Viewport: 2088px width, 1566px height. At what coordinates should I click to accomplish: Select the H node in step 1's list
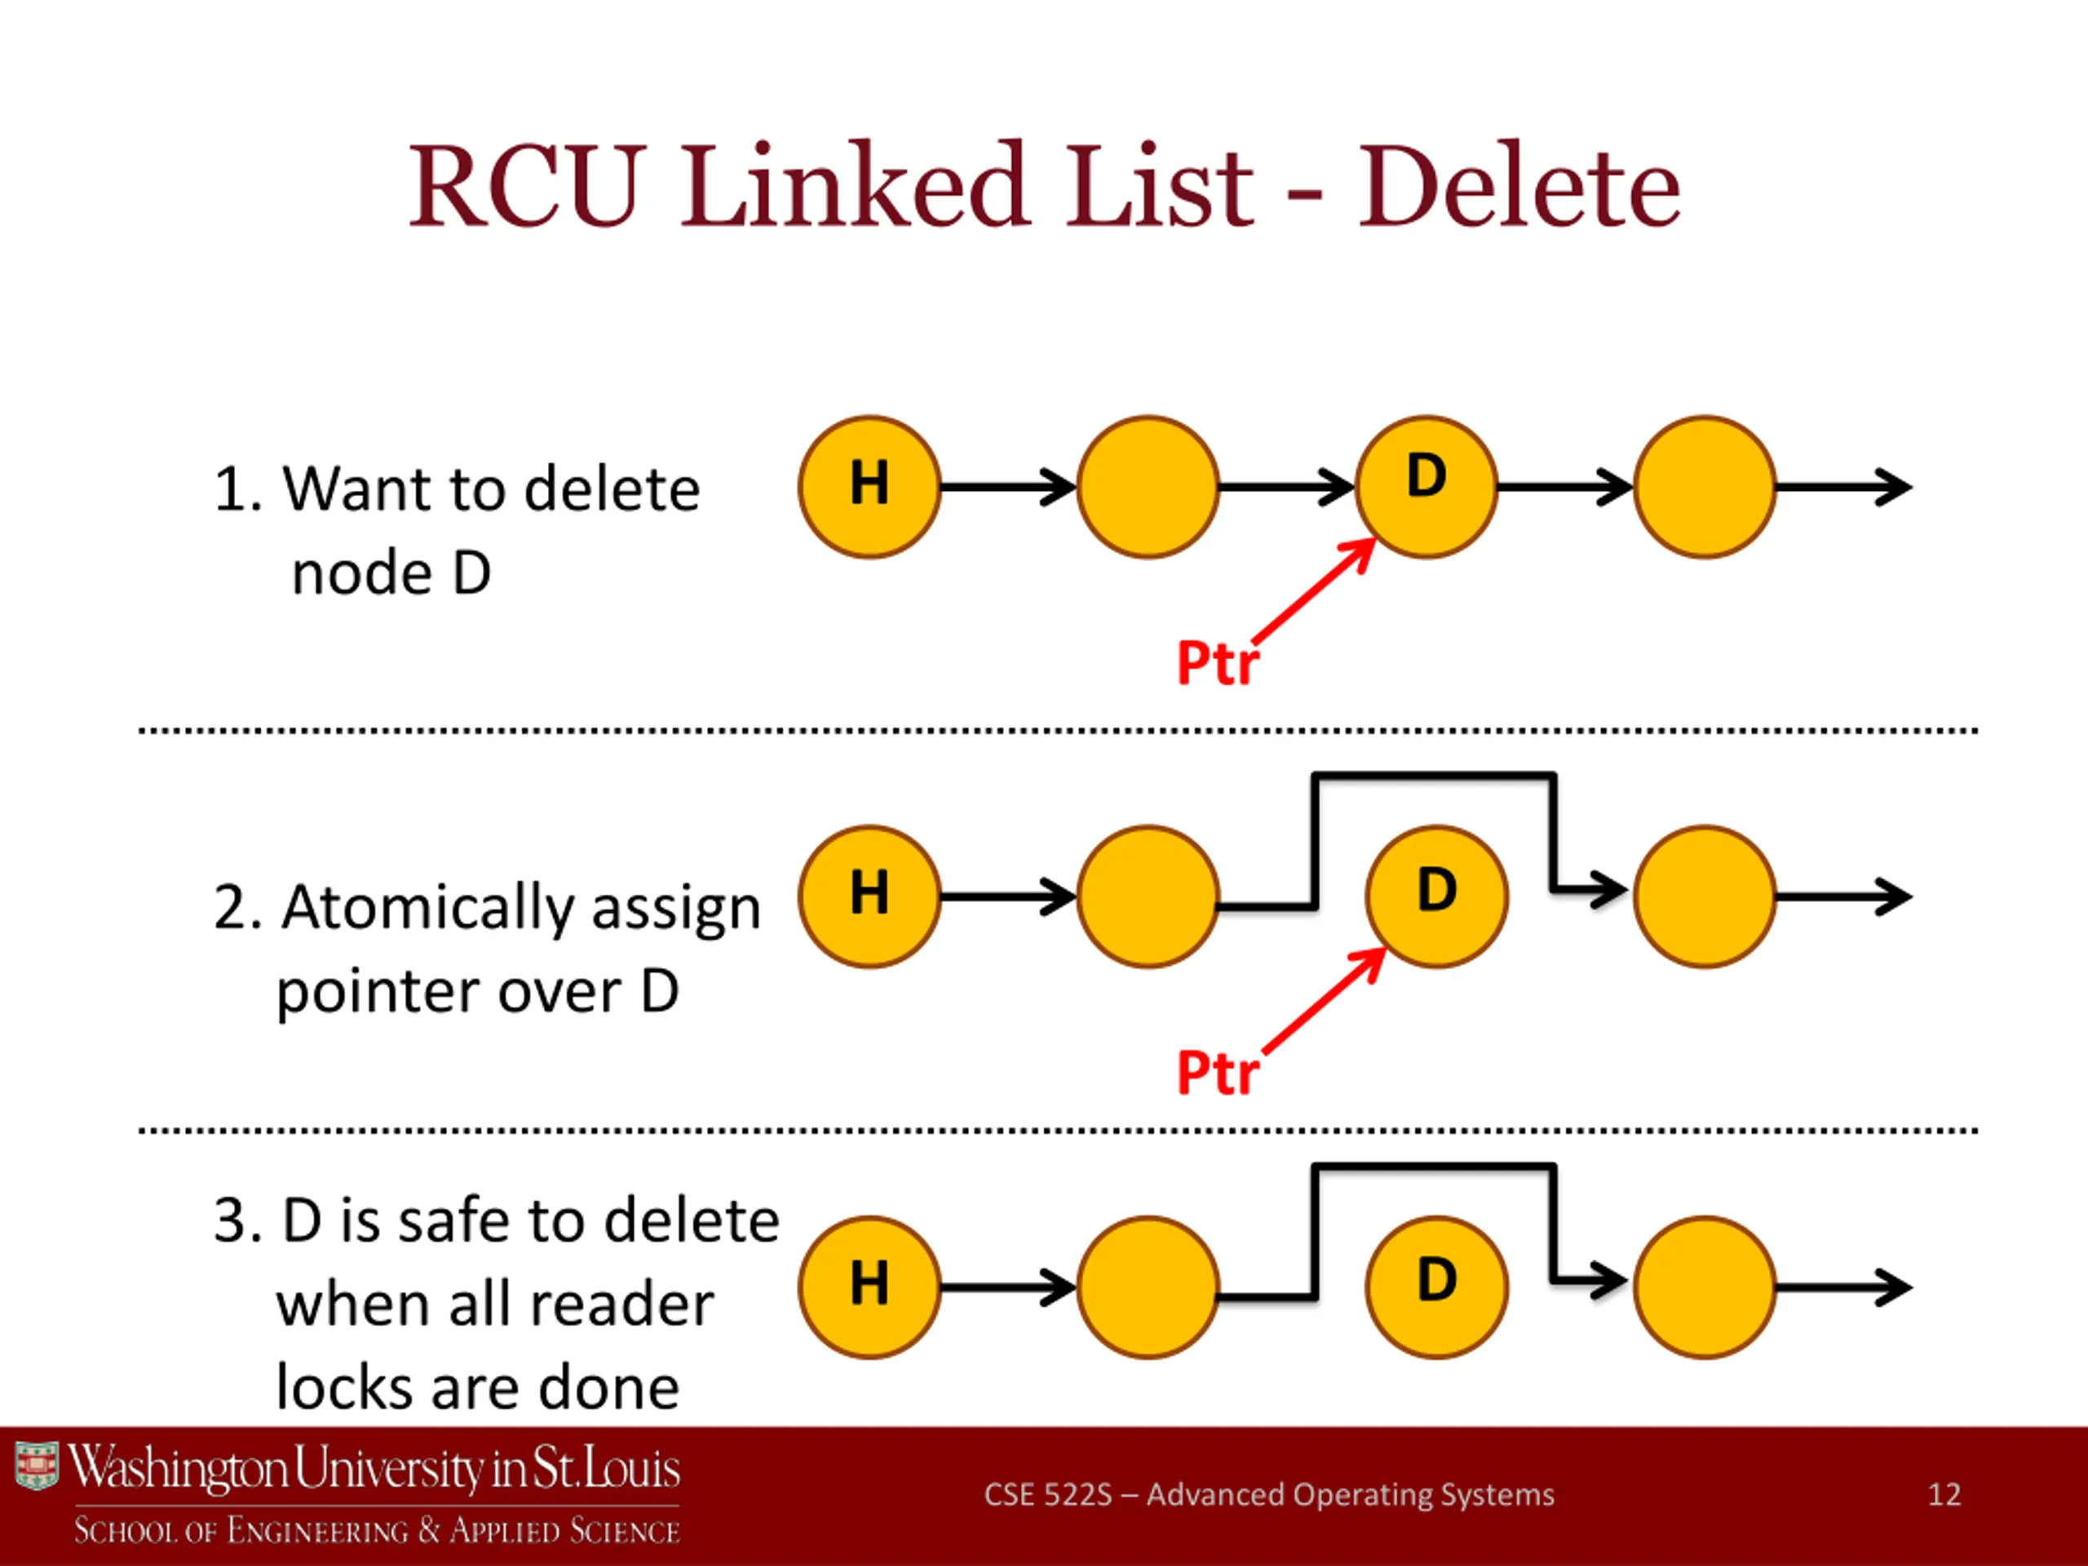pos(869,487)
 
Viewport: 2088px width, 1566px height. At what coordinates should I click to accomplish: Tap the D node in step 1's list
pos(1427,487)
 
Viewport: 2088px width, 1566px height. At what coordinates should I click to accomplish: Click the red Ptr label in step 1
pos(1218,662)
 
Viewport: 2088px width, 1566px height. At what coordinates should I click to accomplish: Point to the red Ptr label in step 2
pos(1218,1073)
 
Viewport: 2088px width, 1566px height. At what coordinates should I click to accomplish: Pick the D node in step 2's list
pos(1436,896)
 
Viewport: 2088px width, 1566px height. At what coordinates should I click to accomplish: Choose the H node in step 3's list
pos(869,1288)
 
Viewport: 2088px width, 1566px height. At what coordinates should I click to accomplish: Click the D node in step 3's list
pos(1436,1288)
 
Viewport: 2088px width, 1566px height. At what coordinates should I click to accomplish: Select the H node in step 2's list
pos(869,896)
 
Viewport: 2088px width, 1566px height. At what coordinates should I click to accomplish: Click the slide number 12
pos(1944,1494)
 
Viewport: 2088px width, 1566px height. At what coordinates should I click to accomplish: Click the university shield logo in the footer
pos(37,1466)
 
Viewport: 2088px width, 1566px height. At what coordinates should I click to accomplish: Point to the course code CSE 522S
pos(1048,1494)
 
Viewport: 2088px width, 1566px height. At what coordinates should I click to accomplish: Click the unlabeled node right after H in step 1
pos(1148,487)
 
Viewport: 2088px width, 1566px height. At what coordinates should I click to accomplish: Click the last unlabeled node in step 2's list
pos(1705,896)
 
